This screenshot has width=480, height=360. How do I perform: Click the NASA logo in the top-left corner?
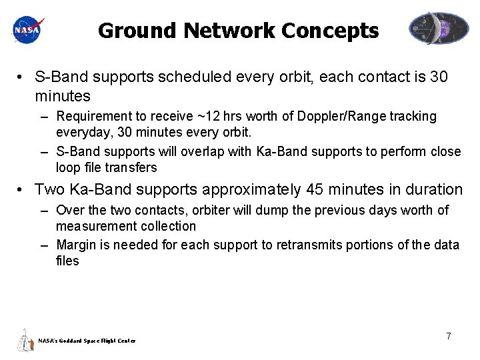28,29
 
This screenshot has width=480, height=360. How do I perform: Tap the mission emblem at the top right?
439,29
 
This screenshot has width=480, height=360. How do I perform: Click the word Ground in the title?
137,31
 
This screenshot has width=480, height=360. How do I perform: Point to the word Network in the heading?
229,31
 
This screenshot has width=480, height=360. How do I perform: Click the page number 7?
449,337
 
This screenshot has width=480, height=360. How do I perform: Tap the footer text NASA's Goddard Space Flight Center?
87,341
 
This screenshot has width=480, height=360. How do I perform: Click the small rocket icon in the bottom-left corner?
25,340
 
